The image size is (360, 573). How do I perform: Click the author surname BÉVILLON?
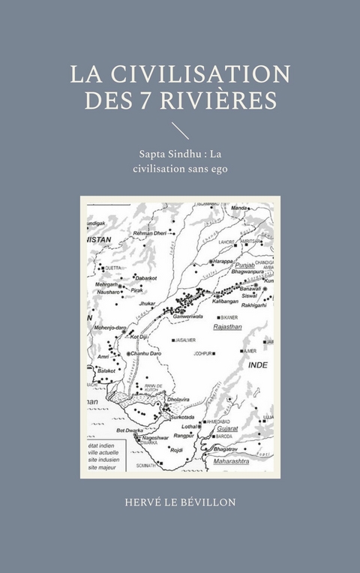pyautogui.click(x=204, y=502)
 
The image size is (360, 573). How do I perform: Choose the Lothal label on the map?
pyautogui.click(x=189, y=424)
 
